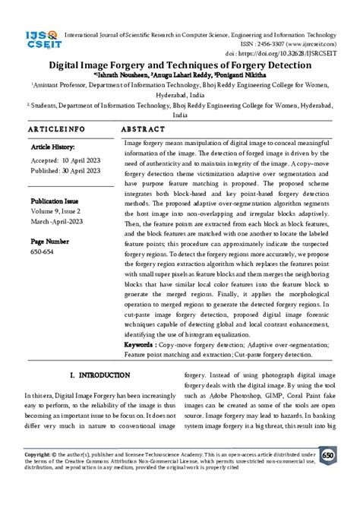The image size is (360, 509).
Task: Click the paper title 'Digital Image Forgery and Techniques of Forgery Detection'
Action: coord(179,66)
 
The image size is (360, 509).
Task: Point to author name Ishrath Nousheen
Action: coord(125,76)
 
